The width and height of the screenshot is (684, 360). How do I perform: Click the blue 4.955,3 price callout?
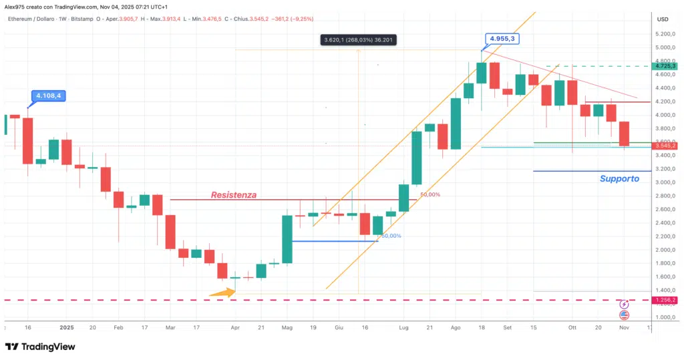point(502,39)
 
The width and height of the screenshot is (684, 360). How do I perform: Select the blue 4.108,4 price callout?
point(49,96)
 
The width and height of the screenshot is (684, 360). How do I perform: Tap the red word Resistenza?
point(234,195)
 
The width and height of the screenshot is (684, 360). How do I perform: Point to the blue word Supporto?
point(619,178)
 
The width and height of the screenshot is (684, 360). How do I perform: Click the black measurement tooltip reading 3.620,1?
point(359,40)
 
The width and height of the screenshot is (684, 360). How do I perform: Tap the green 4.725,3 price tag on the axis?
point(665,65)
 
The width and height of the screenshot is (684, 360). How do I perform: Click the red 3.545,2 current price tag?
point(665,145)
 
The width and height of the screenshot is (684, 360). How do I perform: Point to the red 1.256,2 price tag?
point(665,300)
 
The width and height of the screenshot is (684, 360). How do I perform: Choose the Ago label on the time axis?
point(456,328)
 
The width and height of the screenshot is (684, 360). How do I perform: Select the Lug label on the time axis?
point(403,328)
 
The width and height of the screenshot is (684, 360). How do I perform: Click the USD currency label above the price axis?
point(663,19)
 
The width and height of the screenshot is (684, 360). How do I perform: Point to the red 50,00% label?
point(430,195)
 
